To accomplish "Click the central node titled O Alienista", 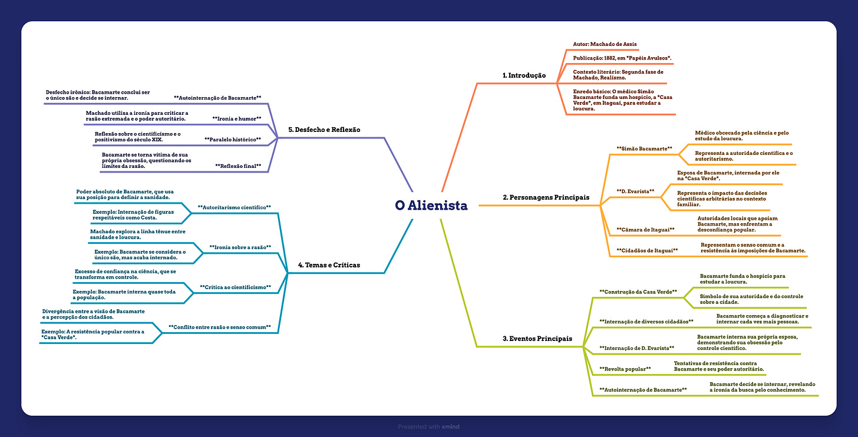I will (x=431, y=206).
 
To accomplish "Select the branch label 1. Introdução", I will (x=524, y=75).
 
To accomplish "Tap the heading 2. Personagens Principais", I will (x=546, y=198).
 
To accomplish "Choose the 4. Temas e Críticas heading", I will (x=329, y=265).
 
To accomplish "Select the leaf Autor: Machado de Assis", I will (x=605, y=44).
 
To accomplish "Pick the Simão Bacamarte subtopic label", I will (x=644, y=149).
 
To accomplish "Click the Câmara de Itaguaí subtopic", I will (x=645, y=229).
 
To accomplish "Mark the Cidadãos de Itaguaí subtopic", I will (x=647, y=250).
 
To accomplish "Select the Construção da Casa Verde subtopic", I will (x=638, y=292).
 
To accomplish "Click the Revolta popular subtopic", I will (x=625, y=369).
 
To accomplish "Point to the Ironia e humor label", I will (x=236, y=118).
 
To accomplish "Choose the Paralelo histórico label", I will (x=232, y=140).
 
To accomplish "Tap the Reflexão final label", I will (x=238, y=166).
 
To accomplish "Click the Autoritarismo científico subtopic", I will (x=234, y=207).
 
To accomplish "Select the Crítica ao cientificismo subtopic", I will (x=235, y=287).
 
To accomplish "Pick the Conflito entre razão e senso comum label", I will (x=219, y=326).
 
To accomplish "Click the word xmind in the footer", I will (x=450, y=426).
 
